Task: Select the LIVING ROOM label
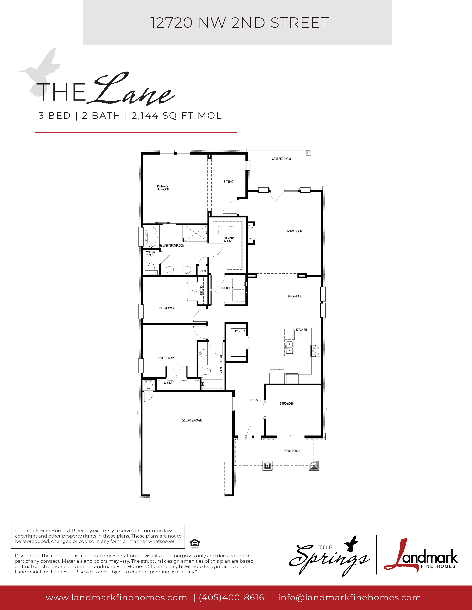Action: [x=294, y=231]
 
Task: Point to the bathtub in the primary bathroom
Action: [x=151, y=237]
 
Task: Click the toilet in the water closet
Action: [x=151, y=269]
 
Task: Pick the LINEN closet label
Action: [x=202, y=271]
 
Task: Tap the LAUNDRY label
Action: [x=227, y=288]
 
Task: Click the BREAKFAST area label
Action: [x=295, y=296]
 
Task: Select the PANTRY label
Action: [x=240, y=331]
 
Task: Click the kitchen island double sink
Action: [x=289, y=347]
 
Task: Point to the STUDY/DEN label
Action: [x=287, y=404]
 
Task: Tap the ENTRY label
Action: [x=254, y=400]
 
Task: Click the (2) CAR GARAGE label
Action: [x=192, y=420]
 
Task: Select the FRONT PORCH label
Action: [x=292, y=451]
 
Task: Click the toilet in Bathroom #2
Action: [x=205, y=372]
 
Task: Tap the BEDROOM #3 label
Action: [x=167, y=308]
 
